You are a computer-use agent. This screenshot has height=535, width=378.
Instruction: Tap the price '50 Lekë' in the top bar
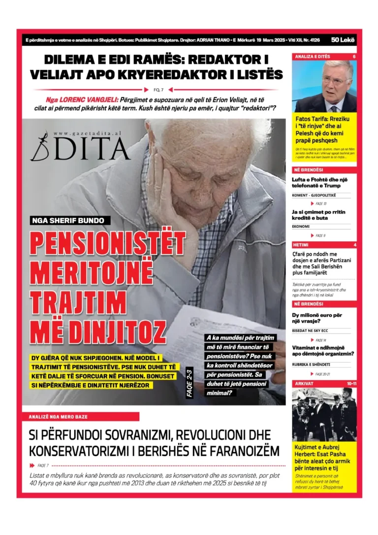click(343, 40)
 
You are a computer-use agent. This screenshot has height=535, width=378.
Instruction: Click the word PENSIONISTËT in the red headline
click(108, 243)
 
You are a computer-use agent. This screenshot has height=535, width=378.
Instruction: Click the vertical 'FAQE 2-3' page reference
click(190, 382)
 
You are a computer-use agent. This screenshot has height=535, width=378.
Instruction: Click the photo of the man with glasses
click(324, 86)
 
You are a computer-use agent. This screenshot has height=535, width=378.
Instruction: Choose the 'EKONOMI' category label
click(301, 227)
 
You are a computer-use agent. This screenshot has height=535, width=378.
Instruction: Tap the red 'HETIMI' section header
click(301, 245)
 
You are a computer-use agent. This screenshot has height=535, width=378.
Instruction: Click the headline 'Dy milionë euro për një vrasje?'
click(317, 318)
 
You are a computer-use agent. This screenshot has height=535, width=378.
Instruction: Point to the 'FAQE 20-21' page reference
click(322, 374)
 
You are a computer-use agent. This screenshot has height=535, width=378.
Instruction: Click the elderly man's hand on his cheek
click(170, 197)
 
